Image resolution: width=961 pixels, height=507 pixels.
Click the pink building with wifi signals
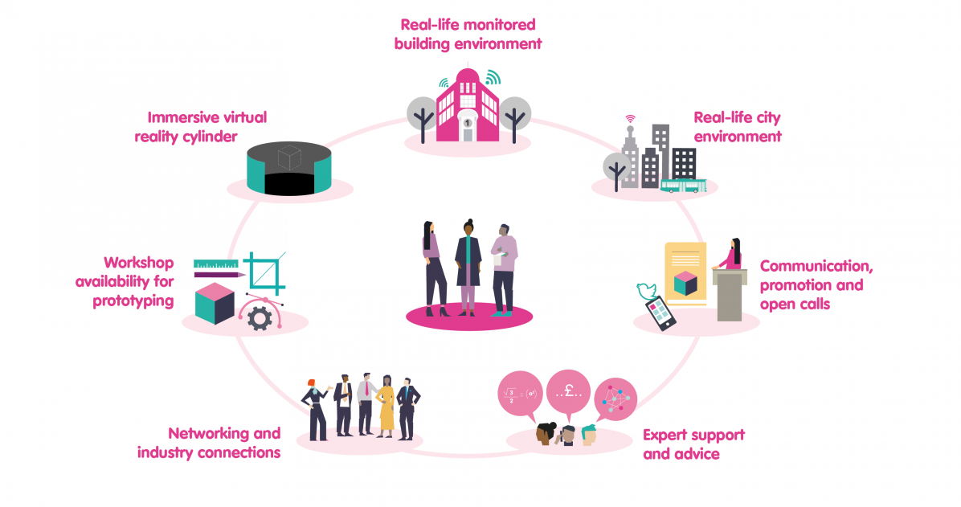[x=468, y=104]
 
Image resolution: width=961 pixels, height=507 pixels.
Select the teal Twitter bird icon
[x=647, y=290]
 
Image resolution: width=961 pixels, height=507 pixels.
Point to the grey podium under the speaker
[x=730, y=295]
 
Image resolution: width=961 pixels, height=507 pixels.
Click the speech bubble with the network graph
[x=615, y=399]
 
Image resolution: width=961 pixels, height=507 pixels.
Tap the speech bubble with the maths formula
[x=521, y=395]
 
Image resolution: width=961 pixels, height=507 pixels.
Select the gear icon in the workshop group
[x=260, y=319]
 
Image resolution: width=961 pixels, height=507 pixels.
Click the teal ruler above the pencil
[x=215, y=264]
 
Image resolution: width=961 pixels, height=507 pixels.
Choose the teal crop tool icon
[x=265, y=273]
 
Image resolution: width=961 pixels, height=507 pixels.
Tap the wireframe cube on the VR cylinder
[x=288, y=157]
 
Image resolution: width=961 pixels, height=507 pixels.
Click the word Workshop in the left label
[x=138, y=263]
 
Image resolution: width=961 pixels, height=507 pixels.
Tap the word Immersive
[x=178, y=117]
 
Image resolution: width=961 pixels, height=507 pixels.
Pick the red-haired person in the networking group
[x=317, y=410]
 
